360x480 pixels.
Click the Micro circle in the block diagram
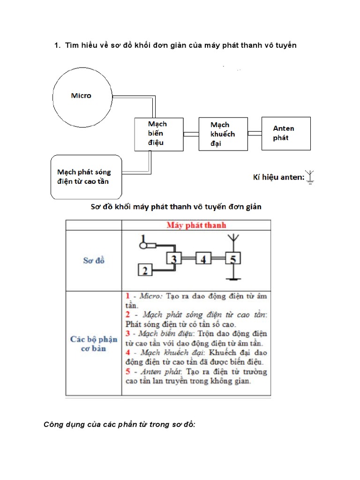click(82, 96)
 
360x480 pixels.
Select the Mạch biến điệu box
click(159, 134)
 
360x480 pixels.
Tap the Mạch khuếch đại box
click(223, 134)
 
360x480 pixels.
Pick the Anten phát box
click(286, 134)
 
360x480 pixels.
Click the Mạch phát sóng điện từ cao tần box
click(86, 177)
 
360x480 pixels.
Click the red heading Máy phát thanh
click(196, 225)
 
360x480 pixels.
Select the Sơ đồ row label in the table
click(93, 261)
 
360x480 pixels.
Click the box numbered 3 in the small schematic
click(173, 258)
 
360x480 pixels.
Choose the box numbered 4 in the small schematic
click(202, 258)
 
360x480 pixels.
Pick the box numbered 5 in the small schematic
click(233, 258)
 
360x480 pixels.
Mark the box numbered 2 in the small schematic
click(145, 270)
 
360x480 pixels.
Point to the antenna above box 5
click(233, 240)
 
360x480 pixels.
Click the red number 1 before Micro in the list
click(127, 296)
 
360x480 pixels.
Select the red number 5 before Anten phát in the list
click(127, 371)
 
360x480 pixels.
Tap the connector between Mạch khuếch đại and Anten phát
click(255, 134)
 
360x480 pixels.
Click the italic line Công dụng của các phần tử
click(119, 425)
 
